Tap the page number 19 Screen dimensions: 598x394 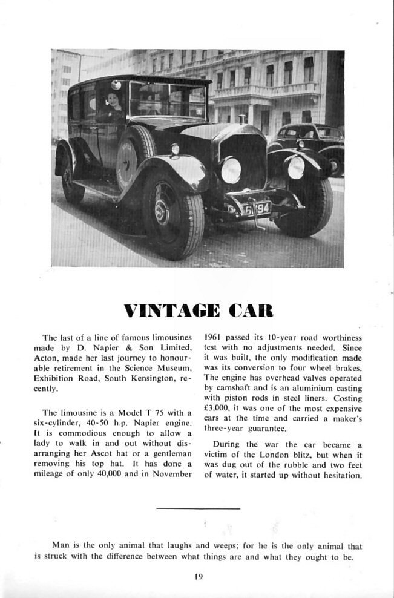[x=198, y=576]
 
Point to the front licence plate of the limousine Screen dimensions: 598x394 [x=256, y=209]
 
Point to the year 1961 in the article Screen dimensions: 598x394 [x=214, y=337]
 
